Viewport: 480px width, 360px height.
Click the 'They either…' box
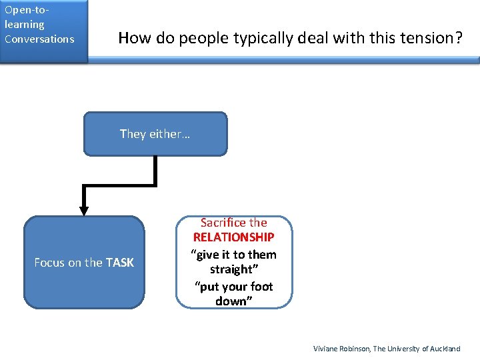coord(155,134)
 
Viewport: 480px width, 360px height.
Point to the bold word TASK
coord(119,263)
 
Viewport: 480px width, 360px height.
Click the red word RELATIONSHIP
coord(233,238)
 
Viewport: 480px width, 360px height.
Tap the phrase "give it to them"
coord(233,254)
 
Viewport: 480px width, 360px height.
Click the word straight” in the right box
coord(233,269)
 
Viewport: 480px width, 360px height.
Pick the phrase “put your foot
coord(233,286)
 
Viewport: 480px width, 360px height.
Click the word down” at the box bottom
coord(233,301)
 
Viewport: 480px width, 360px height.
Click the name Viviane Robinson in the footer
coord(341,349)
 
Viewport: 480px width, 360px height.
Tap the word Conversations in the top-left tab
coord(39,39)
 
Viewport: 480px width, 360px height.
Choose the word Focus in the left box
coord(49,263)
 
